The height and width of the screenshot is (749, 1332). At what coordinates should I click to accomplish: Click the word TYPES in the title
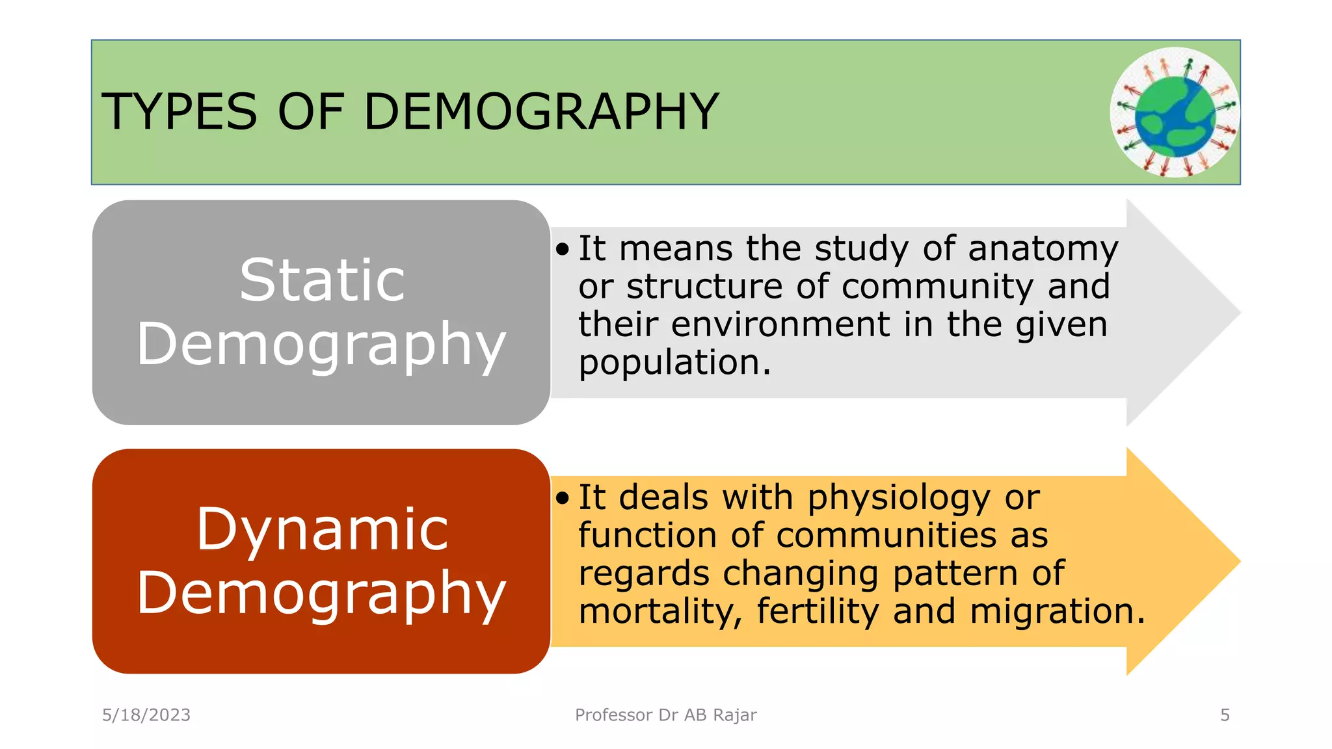point(180,112)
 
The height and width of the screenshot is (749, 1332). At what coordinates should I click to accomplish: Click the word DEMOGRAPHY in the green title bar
point(541,112)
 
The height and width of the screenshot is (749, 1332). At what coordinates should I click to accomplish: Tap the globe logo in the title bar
point(1175,112)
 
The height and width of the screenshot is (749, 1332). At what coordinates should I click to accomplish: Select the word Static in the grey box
point(322,280)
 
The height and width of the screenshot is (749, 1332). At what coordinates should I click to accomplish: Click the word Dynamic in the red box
point(322,529)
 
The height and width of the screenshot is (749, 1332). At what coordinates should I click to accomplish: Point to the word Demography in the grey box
point(321,345)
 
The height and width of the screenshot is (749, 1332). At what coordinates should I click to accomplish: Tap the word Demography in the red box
point(321,593)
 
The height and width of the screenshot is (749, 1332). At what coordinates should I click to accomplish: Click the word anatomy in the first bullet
point(1043,250)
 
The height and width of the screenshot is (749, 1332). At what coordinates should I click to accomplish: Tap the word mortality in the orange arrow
point(659,612)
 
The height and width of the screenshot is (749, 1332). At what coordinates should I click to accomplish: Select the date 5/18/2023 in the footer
point(146,715)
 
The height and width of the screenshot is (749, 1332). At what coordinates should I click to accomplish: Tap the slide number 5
point(1225,715)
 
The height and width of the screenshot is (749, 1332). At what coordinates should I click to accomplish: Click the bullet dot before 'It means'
point(563,250)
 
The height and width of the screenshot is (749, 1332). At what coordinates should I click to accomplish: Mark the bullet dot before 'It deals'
point(563,499)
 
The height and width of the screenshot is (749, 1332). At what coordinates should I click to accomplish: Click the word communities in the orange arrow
point(886,536)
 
